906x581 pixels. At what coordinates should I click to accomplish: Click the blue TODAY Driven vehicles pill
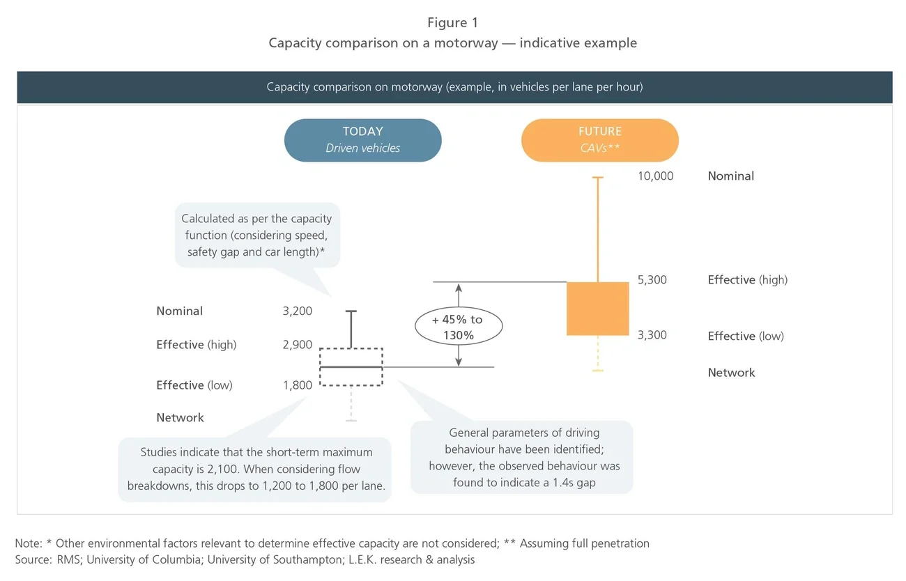coord(362,140)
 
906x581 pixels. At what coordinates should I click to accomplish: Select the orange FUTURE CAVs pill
coord(599,140)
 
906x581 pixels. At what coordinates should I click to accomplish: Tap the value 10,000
coord(655,176)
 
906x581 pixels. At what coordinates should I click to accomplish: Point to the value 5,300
coord(652,280)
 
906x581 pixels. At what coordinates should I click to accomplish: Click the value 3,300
coord(652,335)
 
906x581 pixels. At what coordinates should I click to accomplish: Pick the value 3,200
coord(298,311)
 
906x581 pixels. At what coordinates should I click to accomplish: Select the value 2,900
coord(298,345)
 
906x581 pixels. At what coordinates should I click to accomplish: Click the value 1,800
coord(298,385)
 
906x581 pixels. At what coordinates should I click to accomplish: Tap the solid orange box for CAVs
coord(597,309)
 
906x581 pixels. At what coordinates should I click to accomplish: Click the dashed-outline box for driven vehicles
coord(351,366)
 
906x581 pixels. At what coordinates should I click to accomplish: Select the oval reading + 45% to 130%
coord(457,327)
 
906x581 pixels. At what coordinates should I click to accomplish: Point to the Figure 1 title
coord(452,23)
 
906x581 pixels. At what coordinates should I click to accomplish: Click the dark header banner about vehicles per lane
coord(454,87)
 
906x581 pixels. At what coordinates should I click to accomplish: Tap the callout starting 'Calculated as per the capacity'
coord(256,235)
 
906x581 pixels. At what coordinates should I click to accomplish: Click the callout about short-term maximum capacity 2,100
coord(256,469)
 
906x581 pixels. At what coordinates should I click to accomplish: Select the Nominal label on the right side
coord(730,176)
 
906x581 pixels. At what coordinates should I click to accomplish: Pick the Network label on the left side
coord(180,418)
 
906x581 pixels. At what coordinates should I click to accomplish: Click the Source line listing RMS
coord(245,560)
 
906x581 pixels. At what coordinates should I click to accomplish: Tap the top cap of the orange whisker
coord(597,178)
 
